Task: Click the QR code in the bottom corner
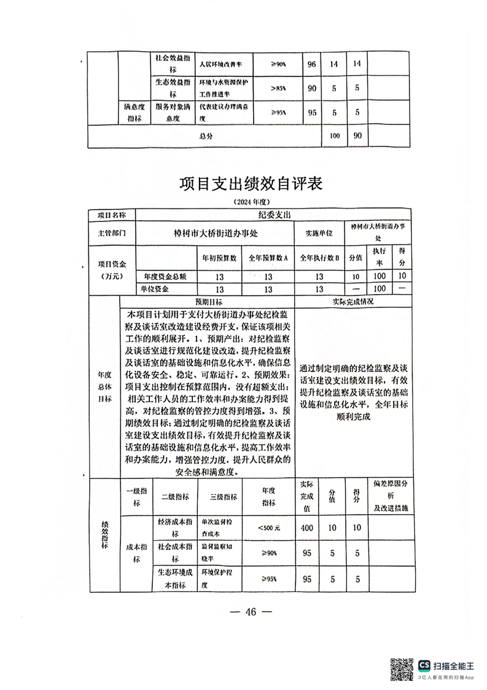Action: [x=402, y=668]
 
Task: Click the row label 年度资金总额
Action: [x=165, y=277]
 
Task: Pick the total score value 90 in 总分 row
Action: [x=356, y=135]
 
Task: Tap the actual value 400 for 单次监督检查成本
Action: [x=308, y=527]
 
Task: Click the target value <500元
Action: [x=269, y=527]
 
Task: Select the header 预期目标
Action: [x=209, y=303]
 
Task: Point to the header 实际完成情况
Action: [x=351, y=303]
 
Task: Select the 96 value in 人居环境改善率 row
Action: [x=311, y=64]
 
